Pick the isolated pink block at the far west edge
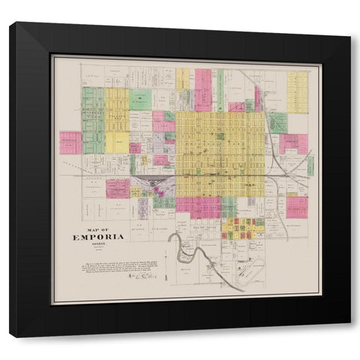(70, 142)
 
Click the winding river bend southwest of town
(180, 244)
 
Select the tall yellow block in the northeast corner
(297, 91)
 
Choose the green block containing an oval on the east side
(277, 123)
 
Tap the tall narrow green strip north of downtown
(220, 90)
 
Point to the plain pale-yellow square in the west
(117, 142)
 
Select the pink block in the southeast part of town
(296, 207)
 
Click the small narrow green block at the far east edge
(310, 166)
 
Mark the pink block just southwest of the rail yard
(117, 188)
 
